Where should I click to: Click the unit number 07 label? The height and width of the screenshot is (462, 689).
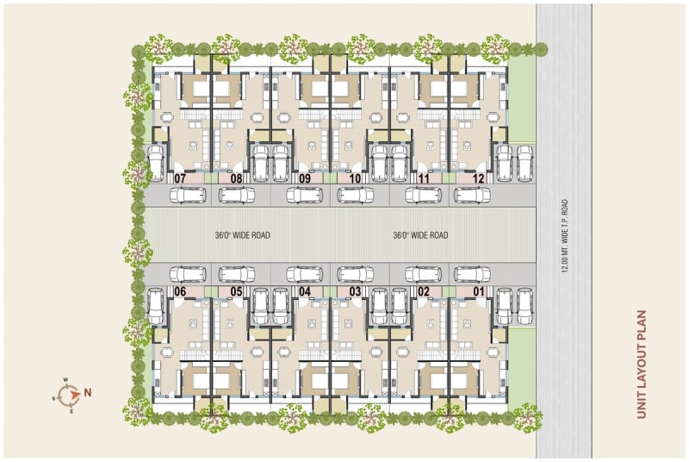(x=181, y=178)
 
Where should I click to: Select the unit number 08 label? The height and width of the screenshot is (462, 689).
(x=236, y=178)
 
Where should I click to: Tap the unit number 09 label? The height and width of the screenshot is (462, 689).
(x=304, y=178)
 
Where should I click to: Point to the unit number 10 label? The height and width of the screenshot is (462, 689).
(x=356, y=178)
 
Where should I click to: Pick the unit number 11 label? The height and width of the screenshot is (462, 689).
(x=424, y=178)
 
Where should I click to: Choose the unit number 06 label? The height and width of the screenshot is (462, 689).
(x=180, y=291)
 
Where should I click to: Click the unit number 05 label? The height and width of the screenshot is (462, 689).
(x=236, y=291)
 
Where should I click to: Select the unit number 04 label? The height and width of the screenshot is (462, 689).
(x=304, y=291)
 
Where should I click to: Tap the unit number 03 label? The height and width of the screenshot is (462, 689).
(x=355, y=291)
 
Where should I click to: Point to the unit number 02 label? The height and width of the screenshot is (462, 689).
(x=424, y=291)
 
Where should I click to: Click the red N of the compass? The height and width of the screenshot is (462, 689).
(x=88, y=393)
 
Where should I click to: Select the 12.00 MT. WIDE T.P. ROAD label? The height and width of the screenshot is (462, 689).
(x=565, y=236)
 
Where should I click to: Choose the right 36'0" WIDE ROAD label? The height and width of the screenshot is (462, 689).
(x=419, y=234)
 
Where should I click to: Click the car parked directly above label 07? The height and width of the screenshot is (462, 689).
(x=156, y=162)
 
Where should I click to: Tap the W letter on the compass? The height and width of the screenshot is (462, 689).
(x=64, y=380)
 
